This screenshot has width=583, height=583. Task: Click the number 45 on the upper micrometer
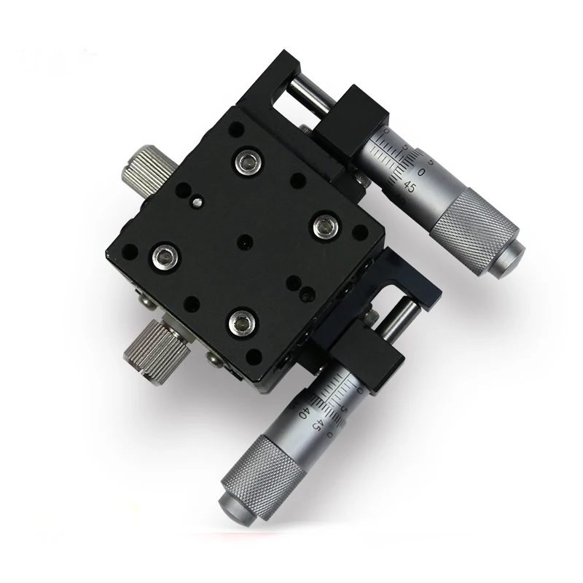(x=410, y=187)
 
